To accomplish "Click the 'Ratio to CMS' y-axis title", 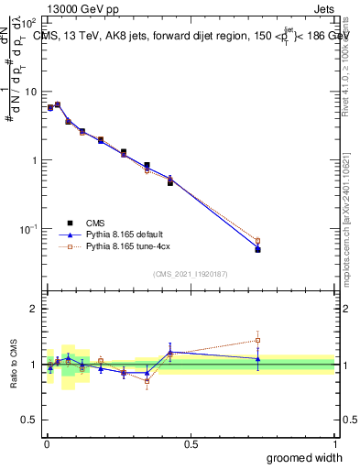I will click(x=14, y=365).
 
